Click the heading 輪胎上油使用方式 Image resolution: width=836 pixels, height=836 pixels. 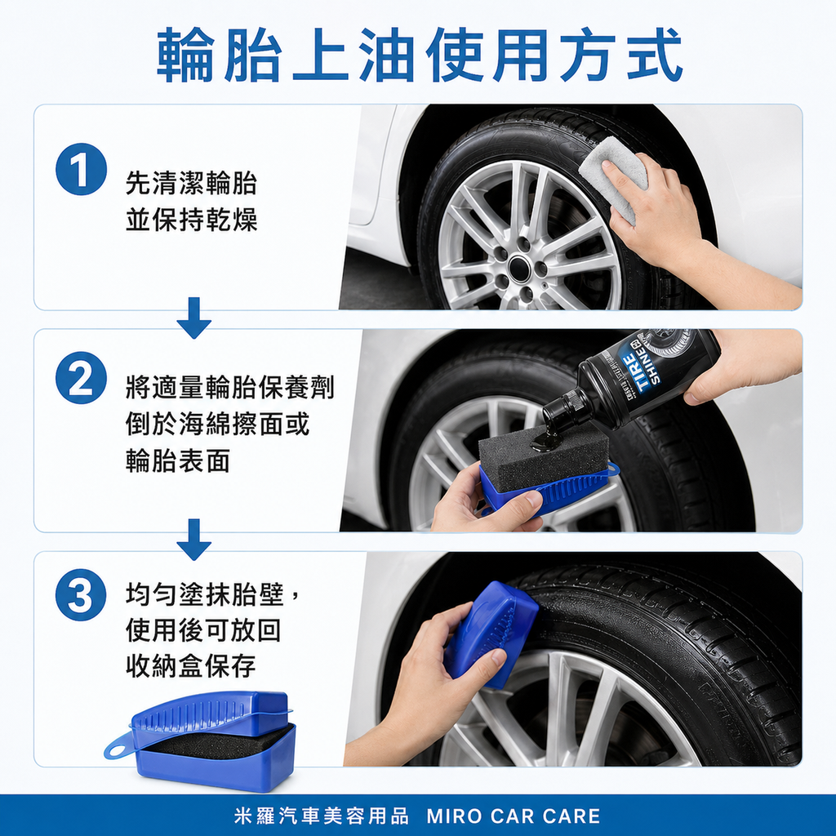419,55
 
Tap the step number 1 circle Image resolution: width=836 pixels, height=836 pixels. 81,169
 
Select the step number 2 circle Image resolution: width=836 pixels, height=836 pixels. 81,380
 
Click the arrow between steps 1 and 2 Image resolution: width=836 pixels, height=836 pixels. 193,318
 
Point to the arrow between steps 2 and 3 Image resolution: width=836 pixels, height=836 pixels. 193,540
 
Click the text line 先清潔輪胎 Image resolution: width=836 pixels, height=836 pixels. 191,184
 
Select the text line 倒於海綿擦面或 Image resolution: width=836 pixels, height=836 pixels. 218,424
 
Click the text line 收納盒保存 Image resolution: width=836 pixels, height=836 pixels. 191,665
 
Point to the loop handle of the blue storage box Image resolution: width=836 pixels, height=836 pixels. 119,744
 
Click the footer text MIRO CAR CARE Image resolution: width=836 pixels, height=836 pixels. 514,816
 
